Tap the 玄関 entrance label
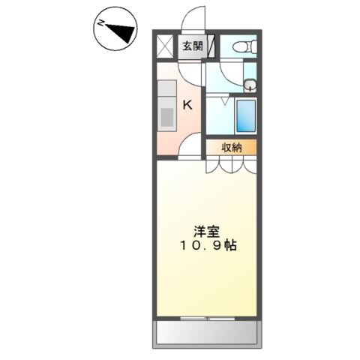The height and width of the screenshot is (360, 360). tap(193, 46)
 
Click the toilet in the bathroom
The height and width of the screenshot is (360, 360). tap(241, 47)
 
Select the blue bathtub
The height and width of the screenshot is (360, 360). tap(244, 115)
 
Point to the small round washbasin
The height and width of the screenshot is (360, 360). tap(250, 84)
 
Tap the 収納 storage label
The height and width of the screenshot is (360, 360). tap(232, 147)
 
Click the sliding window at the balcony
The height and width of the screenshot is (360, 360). tap(206, 319)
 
